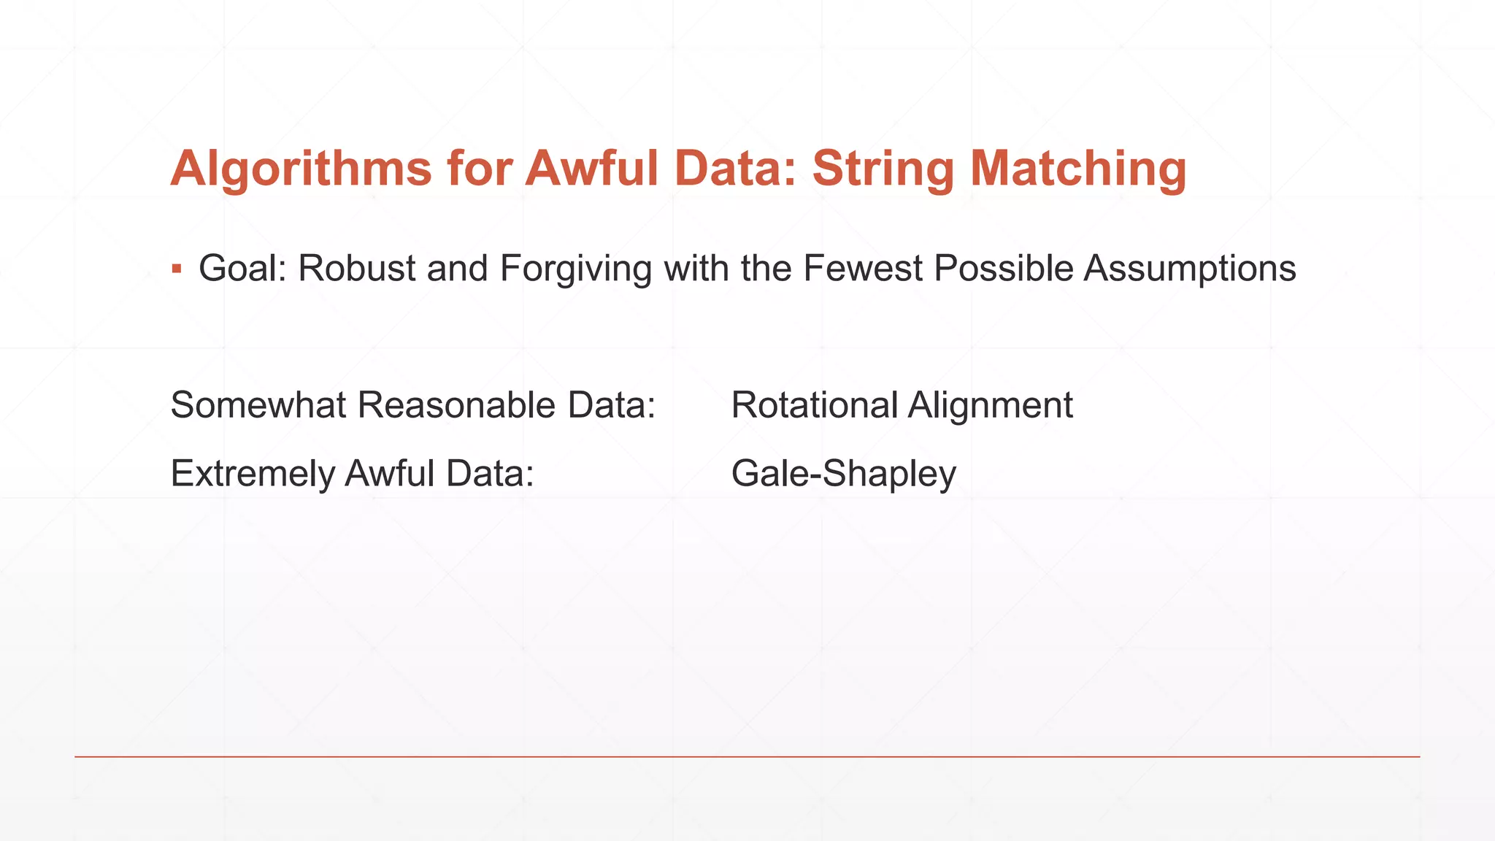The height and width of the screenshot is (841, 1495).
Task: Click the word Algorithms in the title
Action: tap(301, 169)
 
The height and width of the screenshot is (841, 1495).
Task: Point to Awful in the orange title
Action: tap(592, 169)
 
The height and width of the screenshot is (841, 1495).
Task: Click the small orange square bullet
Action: tap(176, 269)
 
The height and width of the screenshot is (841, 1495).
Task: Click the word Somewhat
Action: tap(258, 405)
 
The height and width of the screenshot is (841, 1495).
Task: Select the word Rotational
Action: tap(814, 405)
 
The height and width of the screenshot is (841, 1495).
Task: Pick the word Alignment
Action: tap(990, 405)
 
